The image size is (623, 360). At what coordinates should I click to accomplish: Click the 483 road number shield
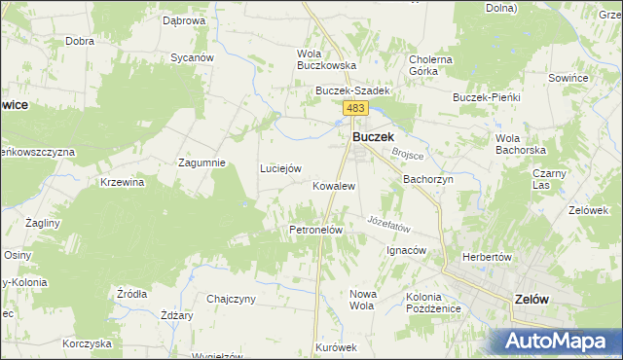point(354,109)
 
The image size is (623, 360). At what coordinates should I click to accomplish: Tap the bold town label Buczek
point(372,138)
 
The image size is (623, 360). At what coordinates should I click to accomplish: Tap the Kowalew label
point(333,185)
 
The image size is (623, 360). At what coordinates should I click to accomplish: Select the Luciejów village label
point(279,168)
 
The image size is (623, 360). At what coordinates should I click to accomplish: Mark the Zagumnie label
point(202,162)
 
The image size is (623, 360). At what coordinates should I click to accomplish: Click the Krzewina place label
point(122,182)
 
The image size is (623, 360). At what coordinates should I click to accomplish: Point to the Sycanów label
point(192,57)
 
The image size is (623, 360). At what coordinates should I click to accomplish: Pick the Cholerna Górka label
point(431,65)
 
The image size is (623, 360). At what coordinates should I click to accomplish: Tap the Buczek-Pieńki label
point(488,97)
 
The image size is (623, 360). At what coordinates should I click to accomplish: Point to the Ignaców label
point(407,250)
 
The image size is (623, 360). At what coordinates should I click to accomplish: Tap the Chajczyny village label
point(231,299)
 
